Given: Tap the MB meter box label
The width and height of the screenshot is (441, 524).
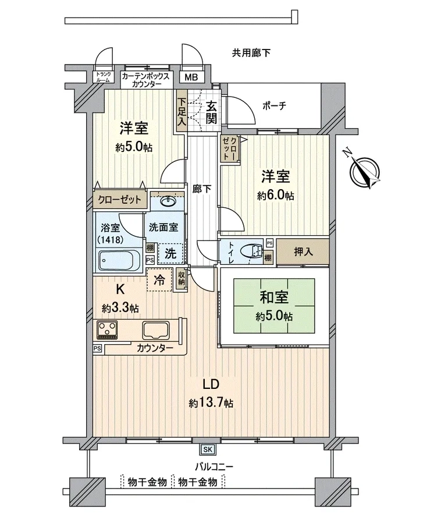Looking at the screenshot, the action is [191, 77].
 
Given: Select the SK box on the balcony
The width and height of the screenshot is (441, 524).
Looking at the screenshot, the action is [208, 449].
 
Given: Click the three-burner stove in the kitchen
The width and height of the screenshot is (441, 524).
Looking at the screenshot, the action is [107, 330].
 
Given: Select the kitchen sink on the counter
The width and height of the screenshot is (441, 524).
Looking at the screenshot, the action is [157, 330].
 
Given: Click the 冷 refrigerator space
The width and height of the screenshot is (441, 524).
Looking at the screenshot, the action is [160, 279].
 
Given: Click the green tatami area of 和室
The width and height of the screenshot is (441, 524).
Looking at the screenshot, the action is [274, 306].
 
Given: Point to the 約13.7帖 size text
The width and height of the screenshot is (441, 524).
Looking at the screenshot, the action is [211, 403].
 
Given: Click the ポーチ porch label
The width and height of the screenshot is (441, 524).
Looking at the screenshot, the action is [275, 106].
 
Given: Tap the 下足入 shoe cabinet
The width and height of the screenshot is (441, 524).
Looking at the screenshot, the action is [182, 111].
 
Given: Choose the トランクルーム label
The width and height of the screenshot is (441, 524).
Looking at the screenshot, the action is [103, 77].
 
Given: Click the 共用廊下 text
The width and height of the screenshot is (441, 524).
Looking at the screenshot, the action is [251, 53].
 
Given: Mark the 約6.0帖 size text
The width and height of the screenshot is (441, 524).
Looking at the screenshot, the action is [276, 196].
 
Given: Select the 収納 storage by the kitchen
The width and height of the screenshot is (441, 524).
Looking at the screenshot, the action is [182, 279].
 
